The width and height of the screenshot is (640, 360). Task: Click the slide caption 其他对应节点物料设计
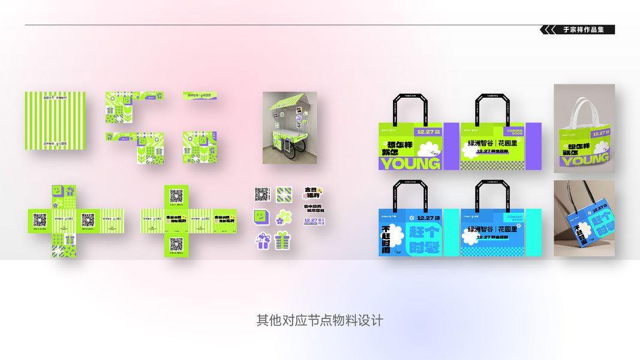tap(320, 320)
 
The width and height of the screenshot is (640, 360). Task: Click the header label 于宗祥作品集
tap(584, 29)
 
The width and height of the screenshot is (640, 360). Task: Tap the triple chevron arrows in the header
tap(548, 29)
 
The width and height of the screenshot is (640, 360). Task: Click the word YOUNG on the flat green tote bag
tap(411, 163)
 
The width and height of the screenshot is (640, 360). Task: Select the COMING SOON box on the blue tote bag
tap(515, 217)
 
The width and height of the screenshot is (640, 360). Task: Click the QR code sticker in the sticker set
tap(262, 194)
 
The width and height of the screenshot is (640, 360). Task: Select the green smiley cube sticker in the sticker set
tap(261, 216)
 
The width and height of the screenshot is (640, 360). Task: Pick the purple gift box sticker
tap(263, 241)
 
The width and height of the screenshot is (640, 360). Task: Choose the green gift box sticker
tap(283, 241)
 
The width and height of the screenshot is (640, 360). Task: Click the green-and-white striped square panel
tap(55, 121)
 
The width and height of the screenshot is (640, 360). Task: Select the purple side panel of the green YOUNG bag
tap(450, 146)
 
